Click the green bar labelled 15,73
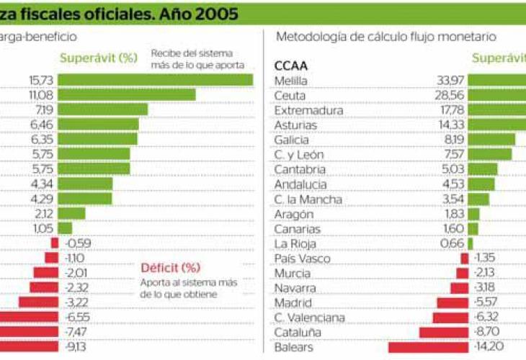coord(155,79)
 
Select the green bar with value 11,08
coord(127,94)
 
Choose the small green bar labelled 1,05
coord(65,228)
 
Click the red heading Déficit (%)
coord(171,269)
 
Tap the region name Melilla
coord(291,79)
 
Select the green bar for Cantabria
coord(483,168)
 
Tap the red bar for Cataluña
coord(443,332)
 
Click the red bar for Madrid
coord(452,302)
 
